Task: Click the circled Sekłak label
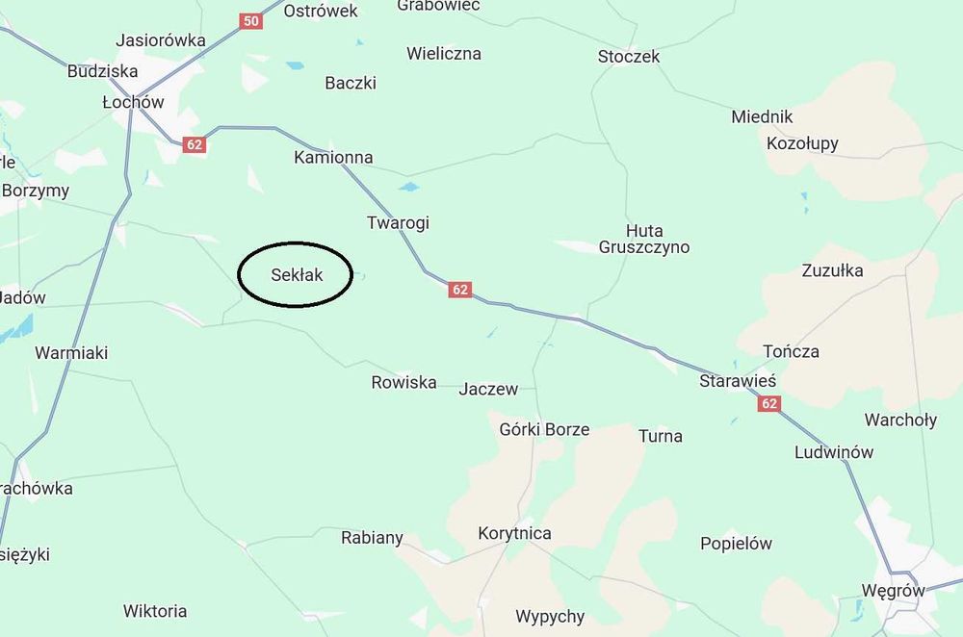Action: tap(296, 275)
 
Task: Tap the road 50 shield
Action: tap(251, 20)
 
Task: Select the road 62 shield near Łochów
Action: tap(195, 145)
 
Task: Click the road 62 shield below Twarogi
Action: tap(460, 289)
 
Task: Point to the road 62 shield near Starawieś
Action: tap(768, 404)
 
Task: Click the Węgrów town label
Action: tap(894, 591)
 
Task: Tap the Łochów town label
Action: tap(133, 102)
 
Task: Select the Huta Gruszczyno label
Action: tap(658, 239)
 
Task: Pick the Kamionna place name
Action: tap(333, 157)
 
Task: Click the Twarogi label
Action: tap(398, 222)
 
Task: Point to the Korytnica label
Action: tap(514, 533)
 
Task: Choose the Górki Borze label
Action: tap(544, 429)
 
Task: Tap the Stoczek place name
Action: tap(629, 57)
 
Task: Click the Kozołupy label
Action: tap(802, 143)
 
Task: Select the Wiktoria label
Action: tap(155, 611)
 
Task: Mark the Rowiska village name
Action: tap(403, 382)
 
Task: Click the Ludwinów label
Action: tap(834, 452)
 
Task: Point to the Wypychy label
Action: tap(550, 617)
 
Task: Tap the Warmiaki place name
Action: tap(71, 353)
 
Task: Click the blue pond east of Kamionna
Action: tap(409, 187)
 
